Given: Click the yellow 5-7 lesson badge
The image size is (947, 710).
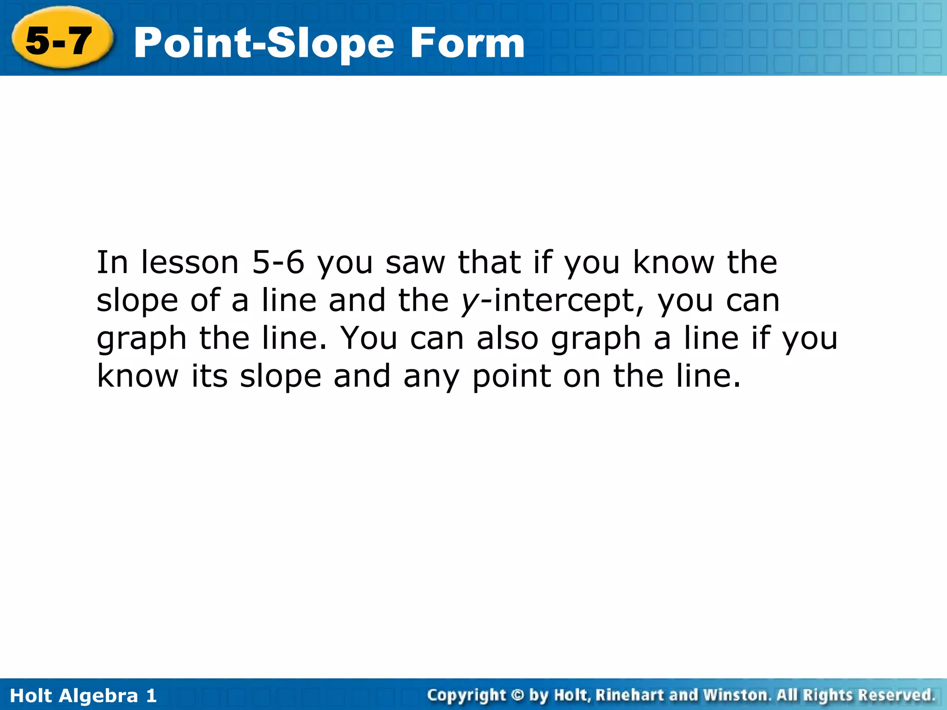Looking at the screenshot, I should [60, 41].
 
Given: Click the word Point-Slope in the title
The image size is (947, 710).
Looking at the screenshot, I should [264, 44].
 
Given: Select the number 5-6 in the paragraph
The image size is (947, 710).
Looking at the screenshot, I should [278, 263].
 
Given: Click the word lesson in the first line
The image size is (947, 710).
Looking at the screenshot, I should [190, 263].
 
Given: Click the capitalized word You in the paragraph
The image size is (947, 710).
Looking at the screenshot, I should [369, 338].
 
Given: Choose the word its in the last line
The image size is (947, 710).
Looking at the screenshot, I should [209, 376].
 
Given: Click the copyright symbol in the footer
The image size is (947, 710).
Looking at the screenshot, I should [517, 695].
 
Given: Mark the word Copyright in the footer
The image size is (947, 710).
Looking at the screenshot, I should [467, 695].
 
